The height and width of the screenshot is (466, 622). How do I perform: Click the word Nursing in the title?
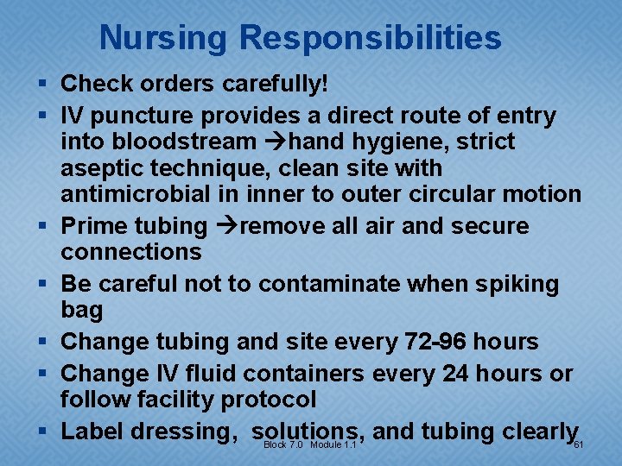tap(164, 38)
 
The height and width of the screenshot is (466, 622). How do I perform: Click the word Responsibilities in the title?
tap(371, 38)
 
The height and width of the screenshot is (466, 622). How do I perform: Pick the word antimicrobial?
tap(136, 195)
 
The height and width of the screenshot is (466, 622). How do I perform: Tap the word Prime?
tap(95, 226)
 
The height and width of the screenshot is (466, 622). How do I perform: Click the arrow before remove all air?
tap(223, 226)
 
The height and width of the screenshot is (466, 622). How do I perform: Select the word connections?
tap(130, 252)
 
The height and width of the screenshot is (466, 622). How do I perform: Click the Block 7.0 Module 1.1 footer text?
tap(309, 444)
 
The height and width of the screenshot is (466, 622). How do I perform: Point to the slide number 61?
tap(580, 444)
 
